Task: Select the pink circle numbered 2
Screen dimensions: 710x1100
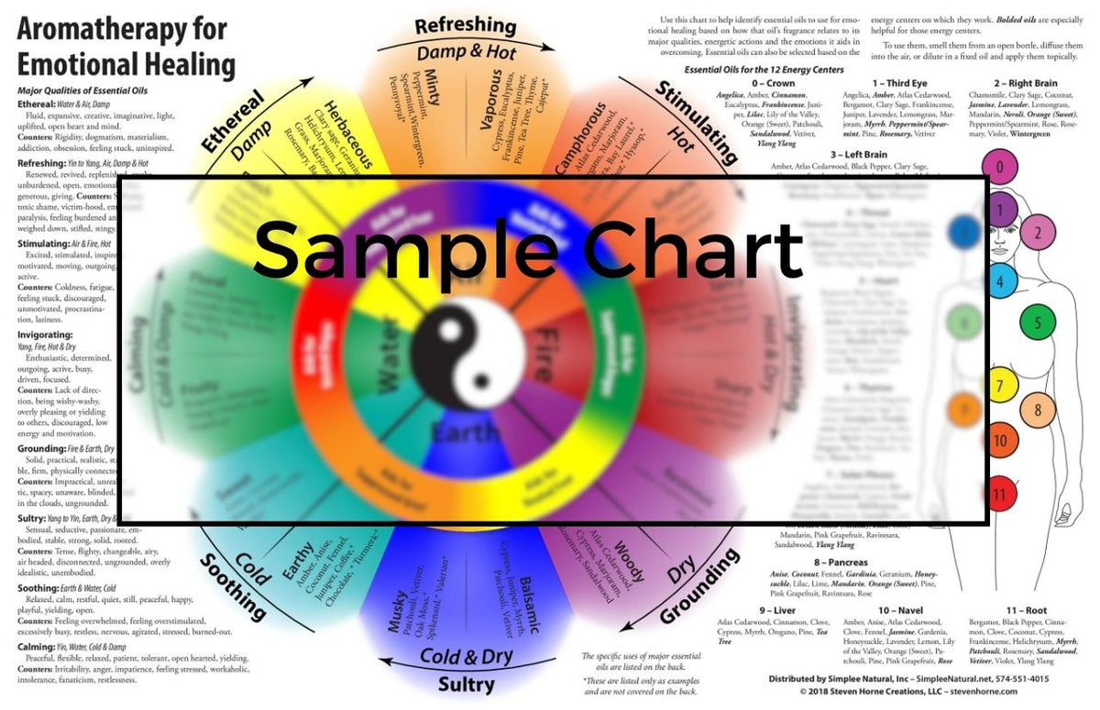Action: click(1038, 233)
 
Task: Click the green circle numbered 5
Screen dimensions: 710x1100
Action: click(1038, 322)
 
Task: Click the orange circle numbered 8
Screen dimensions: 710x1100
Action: click(1038, 410)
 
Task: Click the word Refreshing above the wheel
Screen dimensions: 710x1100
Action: click(465, 26)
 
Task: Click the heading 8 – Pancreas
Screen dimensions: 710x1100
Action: click(813, 562)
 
